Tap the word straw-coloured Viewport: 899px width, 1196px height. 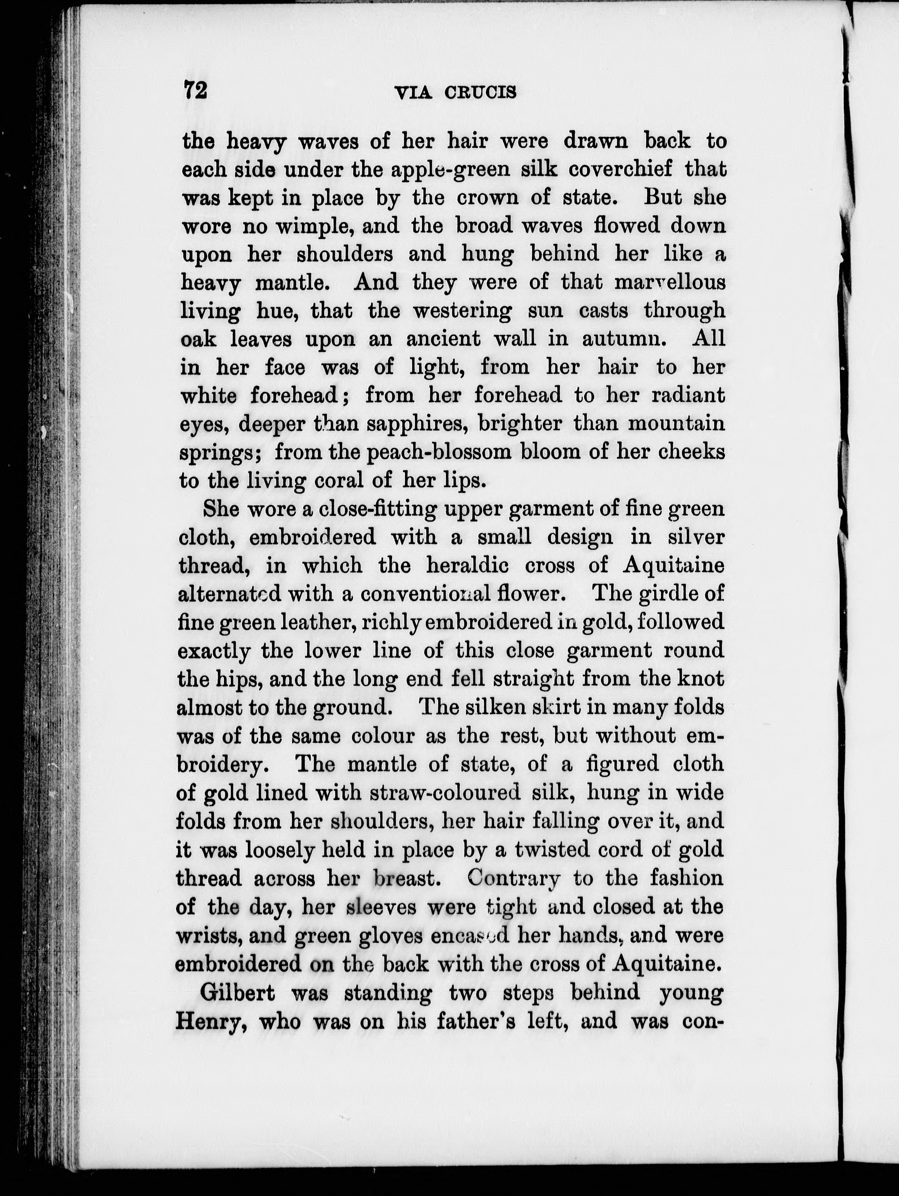(445, 793)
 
